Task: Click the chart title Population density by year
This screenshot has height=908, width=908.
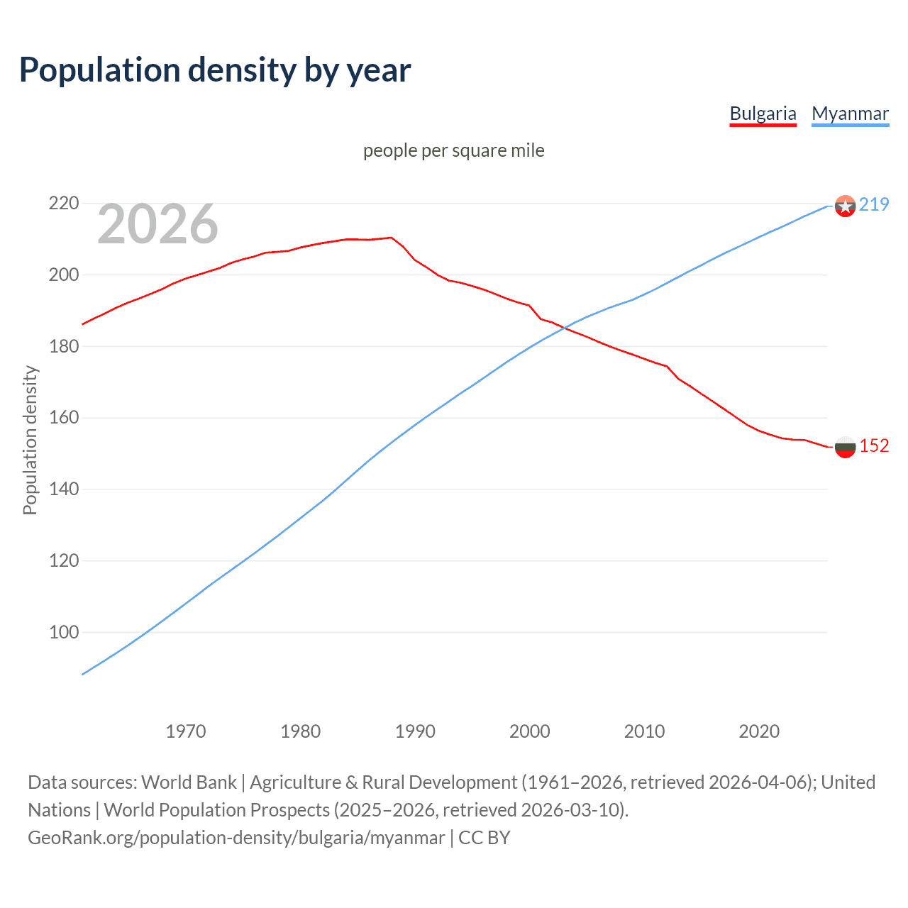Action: click(x=215, y=70)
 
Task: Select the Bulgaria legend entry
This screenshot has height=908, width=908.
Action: click(x=763, y=113)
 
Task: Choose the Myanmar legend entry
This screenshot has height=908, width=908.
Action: click(x=850, y=113)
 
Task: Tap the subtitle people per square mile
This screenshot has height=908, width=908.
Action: click(x=453, y=151)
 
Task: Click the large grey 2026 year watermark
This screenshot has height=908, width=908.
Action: click(x=157, y=225)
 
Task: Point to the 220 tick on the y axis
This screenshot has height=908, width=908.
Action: click(x=63, y=204)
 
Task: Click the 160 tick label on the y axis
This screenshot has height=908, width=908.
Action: click(x=63, y=418)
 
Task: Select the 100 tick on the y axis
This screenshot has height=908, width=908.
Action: click(x=63, y=632)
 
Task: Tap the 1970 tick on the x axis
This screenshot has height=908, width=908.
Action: click(x=186, y=731)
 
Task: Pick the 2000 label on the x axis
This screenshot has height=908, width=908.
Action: click(x=530, y=731)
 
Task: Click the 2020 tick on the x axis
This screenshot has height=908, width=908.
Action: click(x=759, y=731)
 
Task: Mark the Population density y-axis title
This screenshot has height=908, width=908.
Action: click(x=30, y=440)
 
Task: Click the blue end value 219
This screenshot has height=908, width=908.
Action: click(x=874, y=205)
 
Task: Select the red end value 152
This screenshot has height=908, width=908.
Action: click(x=874, y=445)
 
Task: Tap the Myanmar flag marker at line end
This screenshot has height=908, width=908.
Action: click(x=845, y=206)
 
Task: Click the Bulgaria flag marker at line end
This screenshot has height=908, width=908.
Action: click(x=845, y=446)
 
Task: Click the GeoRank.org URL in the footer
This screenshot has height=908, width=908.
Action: click(x=236, y=838)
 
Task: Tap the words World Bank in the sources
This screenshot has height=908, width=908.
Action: click(x=189, y=782)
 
